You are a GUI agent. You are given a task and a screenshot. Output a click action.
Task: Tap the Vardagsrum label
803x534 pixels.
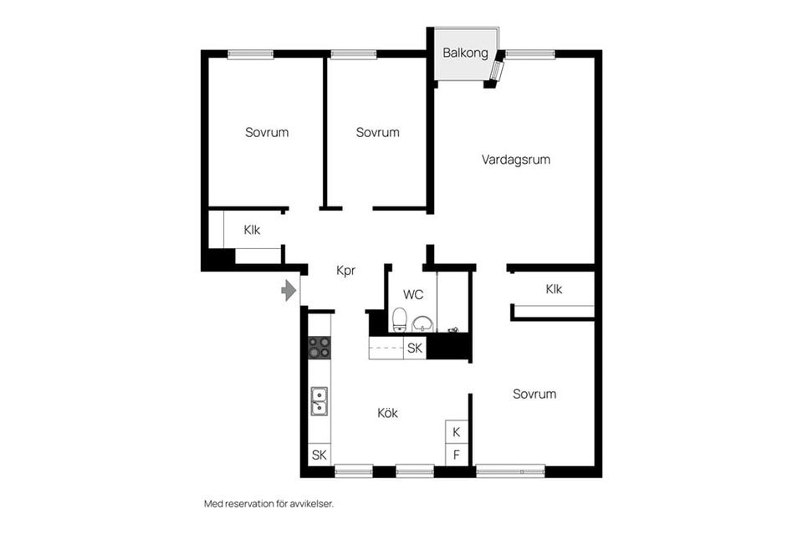click(515, 159)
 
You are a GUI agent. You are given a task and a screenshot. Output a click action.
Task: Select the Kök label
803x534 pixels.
click(387, 413)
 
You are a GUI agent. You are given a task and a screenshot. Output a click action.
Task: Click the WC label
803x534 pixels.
click(413, 294)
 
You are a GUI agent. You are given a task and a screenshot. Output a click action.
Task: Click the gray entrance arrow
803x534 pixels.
click(289, 290)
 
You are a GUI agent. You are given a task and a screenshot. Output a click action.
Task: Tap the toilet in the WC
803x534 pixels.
click(400, 320)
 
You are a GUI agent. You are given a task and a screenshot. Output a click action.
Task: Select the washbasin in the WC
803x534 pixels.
click(422, 323)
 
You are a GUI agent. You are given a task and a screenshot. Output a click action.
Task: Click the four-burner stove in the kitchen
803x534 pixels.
click(319, 347)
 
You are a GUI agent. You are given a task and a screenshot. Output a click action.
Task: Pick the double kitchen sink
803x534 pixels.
click(319, 401)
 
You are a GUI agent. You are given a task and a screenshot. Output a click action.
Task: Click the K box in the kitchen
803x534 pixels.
click(456, 432)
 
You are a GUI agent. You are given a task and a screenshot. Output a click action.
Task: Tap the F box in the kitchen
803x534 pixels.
click(456, 455)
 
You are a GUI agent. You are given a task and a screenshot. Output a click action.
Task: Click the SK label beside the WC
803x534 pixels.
click(415, 348)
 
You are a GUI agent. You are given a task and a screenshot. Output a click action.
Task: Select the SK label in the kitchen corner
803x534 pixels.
click(319, 455)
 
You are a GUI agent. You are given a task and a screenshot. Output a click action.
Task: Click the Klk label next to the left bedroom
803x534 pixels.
click(253, 231)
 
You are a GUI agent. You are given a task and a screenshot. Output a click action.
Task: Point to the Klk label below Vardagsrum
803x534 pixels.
click(554, 290)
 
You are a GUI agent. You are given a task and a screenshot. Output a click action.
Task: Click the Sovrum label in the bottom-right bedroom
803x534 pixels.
click(534, 394)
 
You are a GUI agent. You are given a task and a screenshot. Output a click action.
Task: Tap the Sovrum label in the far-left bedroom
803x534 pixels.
click(267, 132)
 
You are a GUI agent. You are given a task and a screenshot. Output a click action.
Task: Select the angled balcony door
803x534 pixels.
click(497, 69)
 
